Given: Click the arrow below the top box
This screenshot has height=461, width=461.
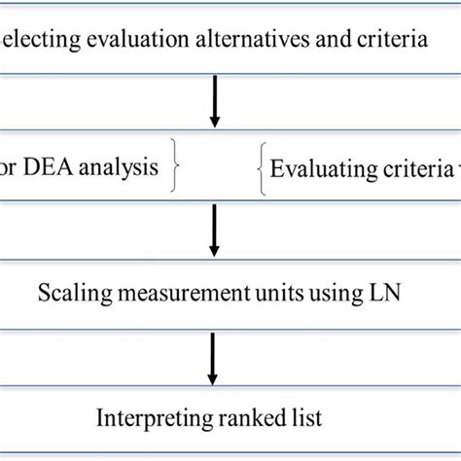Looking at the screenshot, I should [215, 102].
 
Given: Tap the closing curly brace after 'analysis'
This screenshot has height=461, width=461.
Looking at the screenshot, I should [176, 167].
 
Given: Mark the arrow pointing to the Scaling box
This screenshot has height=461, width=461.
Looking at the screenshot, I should [215, 232].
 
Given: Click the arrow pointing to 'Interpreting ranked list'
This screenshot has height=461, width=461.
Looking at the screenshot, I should [215, 357].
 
